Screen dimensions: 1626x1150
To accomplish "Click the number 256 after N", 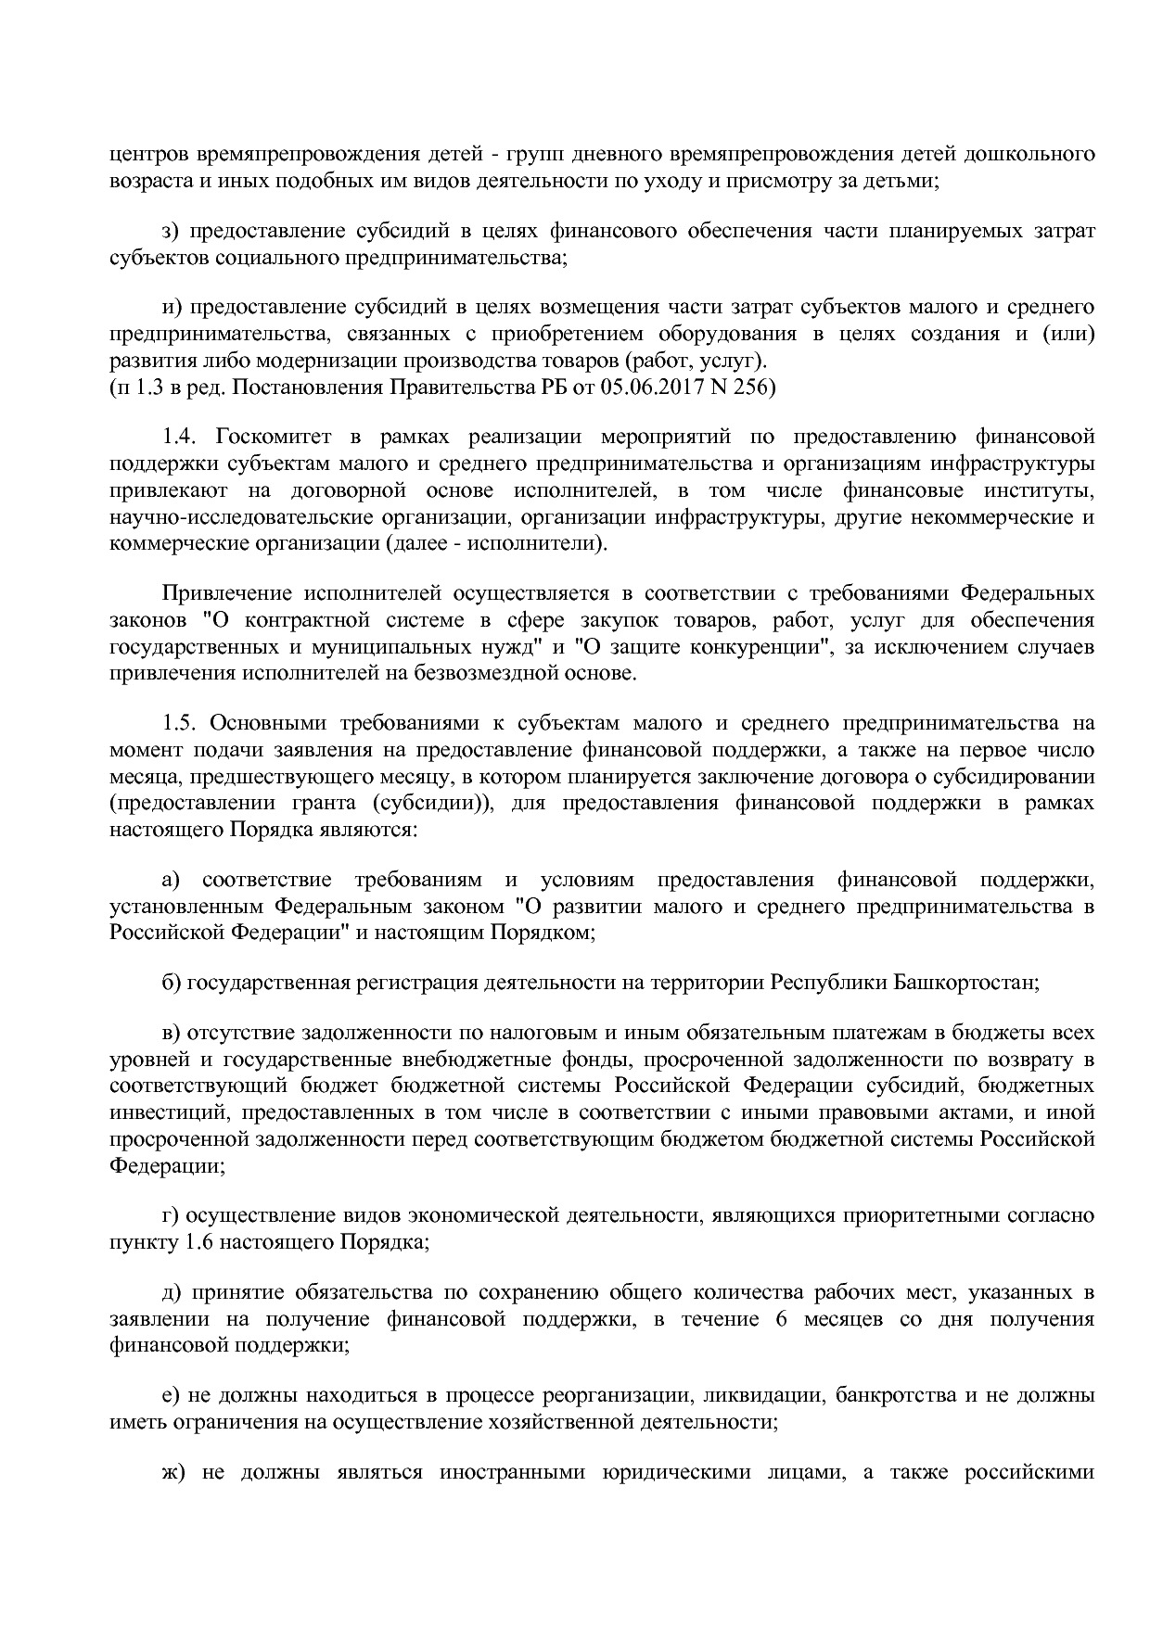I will click(749, 388).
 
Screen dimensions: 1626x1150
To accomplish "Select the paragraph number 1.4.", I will click(181, 437).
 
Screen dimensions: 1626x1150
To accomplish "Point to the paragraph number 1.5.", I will click(181, 723).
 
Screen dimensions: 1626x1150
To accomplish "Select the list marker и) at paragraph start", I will click(171, 307).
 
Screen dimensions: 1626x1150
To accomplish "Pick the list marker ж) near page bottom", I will click(173, 1473).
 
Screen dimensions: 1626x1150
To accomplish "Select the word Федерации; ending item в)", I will click(167, 1165).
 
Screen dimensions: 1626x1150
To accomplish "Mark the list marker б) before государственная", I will click(171, 983).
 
